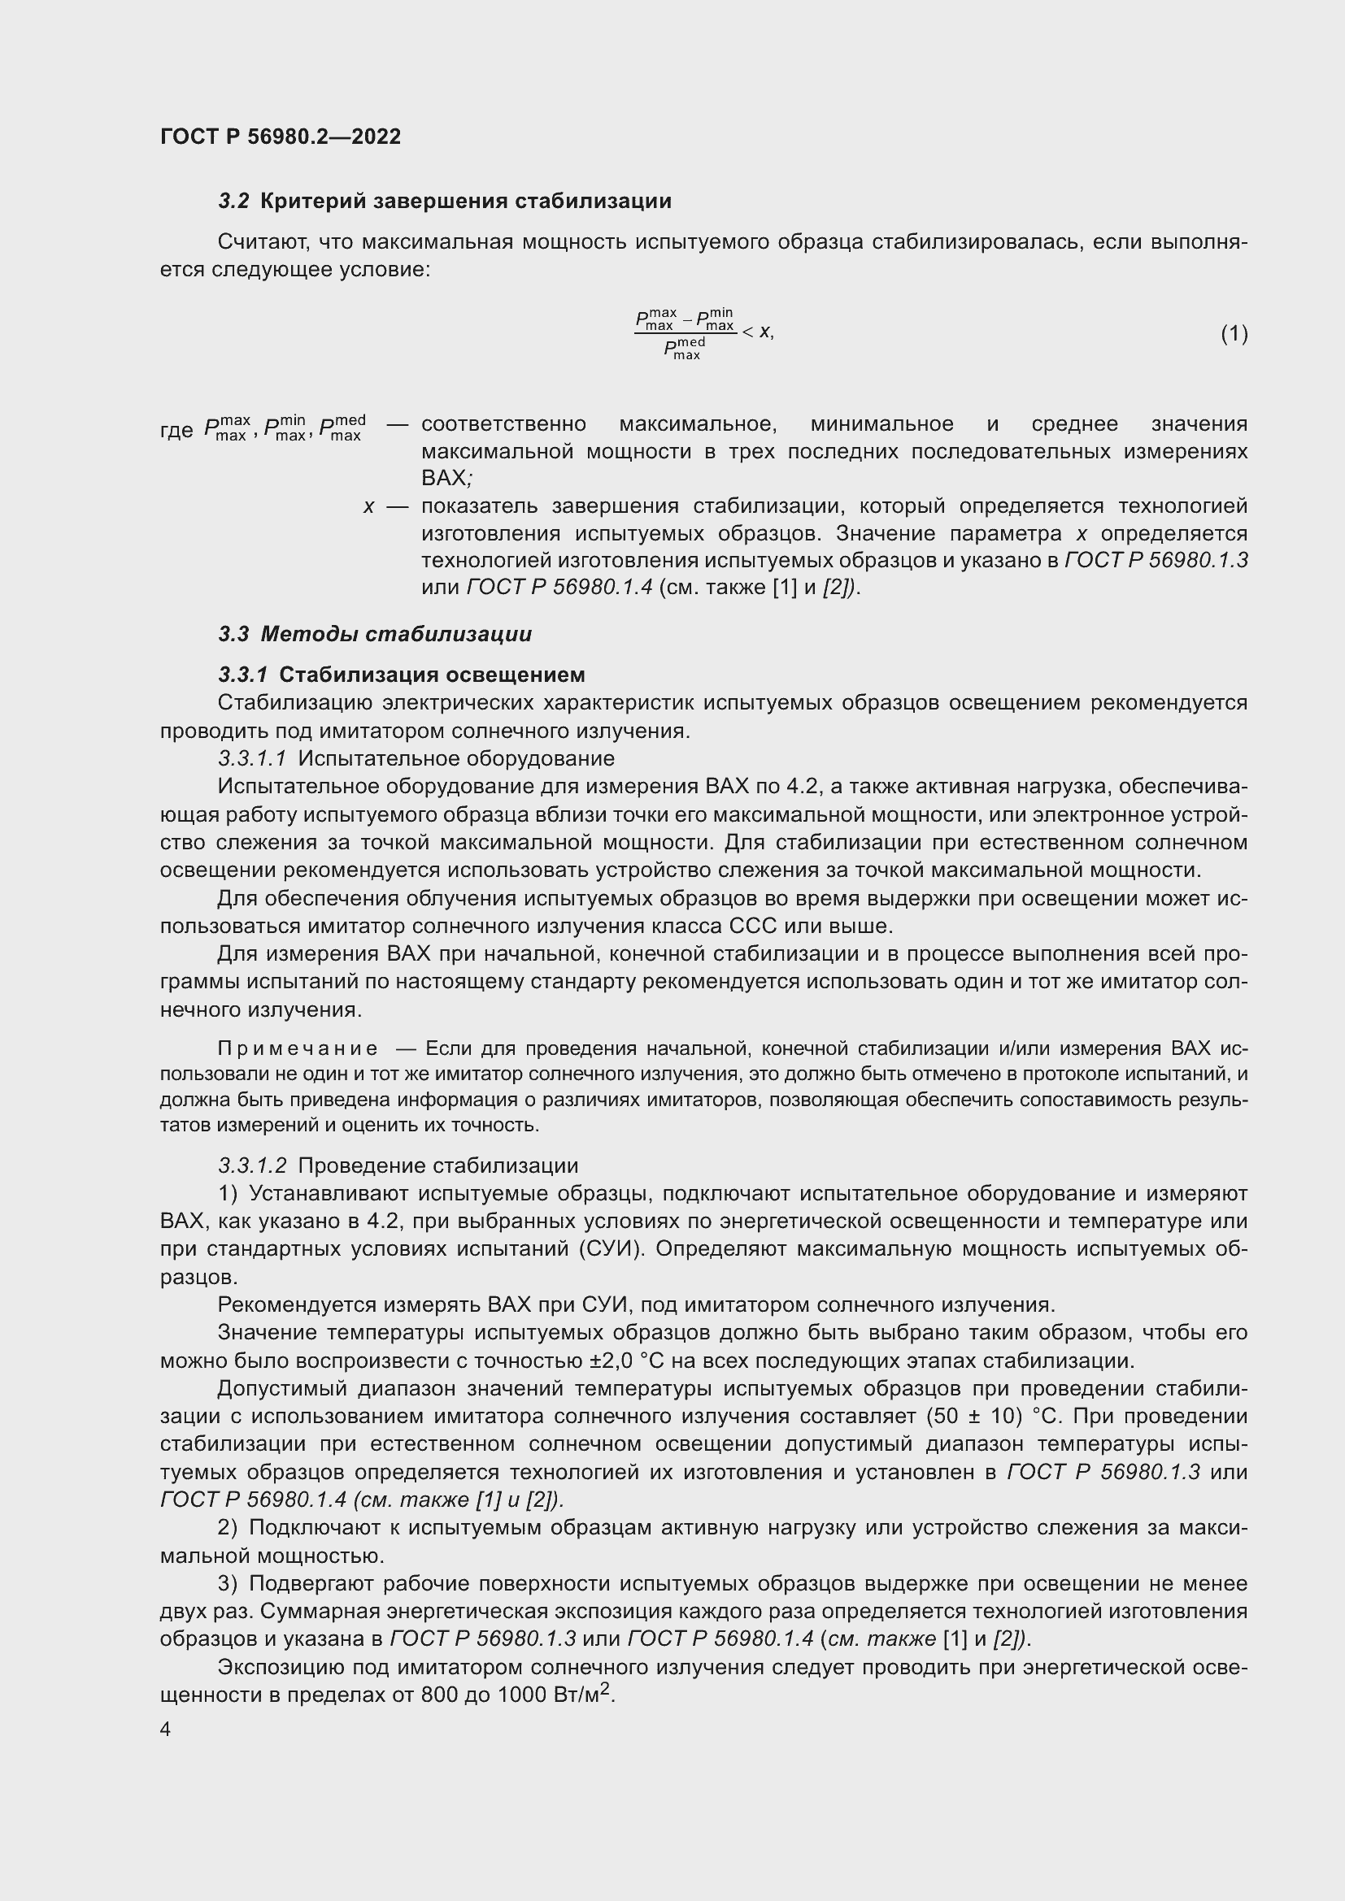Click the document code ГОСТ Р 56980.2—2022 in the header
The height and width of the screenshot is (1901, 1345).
pos(280,137)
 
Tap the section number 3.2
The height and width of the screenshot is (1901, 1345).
pos(233,202)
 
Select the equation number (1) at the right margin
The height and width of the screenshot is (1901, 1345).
pos(1234,334)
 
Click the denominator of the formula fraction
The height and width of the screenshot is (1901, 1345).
pos(684,349)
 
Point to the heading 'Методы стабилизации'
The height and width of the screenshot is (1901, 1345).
pos(396,634)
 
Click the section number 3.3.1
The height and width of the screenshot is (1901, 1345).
pos(242,675)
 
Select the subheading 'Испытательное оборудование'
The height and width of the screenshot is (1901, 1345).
pos(455,758)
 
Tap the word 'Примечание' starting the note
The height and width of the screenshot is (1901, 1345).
pos(298,1049)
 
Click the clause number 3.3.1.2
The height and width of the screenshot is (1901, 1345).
pos(252,1165)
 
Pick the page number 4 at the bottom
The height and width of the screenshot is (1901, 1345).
pos(166,1730)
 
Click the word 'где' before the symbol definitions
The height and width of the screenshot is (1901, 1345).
pos(176,431)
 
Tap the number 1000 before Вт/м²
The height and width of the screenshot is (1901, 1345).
pos(520,1695)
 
